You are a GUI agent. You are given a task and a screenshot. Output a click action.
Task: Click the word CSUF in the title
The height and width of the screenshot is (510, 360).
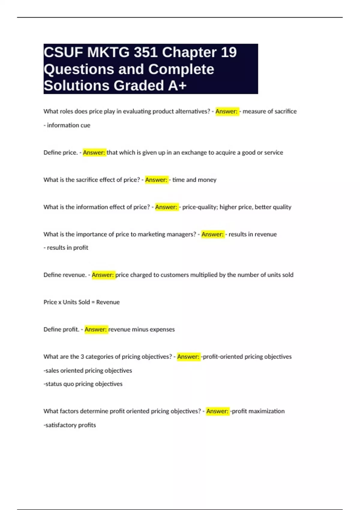(x=63, y=52)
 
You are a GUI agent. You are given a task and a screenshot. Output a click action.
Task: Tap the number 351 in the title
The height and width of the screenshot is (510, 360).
(x=145, y=52)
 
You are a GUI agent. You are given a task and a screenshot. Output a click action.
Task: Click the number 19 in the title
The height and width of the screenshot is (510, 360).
(x=229, y=52)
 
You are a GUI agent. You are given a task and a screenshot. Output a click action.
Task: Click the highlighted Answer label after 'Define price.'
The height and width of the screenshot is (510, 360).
(x=94, y=152)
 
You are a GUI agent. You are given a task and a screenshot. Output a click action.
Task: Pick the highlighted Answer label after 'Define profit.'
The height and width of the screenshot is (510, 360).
(x=96, y=329)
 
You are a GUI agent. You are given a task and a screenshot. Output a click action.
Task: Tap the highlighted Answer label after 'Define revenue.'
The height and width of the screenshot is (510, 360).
(x=103, y=275)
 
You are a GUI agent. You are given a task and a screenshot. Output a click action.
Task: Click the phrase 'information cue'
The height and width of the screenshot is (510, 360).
(x=68, y=125)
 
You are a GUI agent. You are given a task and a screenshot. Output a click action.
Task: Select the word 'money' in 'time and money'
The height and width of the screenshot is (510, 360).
(x=207, y=180)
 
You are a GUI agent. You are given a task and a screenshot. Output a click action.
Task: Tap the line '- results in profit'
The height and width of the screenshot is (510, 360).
(x=66, y=247)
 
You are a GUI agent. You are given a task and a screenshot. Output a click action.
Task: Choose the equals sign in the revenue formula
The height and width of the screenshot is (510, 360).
(x=93, y=302)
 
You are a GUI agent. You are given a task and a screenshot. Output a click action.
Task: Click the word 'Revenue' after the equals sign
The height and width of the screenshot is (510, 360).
(x=108, y=302)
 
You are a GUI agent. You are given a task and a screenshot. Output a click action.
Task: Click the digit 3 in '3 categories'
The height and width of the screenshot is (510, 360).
(x=82, y=357)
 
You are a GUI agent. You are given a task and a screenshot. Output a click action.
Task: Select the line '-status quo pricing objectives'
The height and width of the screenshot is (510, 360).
(x=83, y=384)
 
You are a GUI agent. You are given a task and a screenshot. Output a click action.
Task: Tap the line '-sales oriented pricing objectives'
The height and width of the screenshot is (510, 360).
(x=88, y=370)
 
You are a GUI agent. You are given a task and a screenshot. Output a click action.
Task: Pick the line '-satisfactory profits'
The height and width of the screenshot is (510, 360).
(x=70, y=425)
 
